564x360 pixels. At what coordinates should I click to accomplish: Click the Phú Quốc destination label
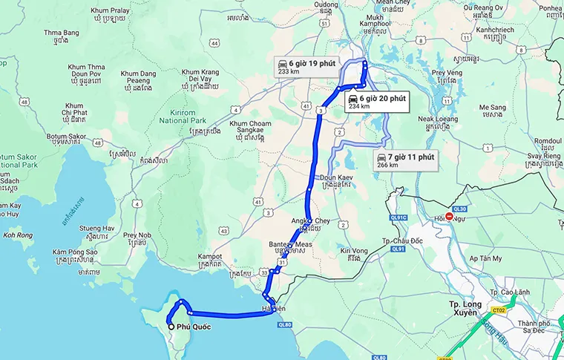click(x=189, y=326)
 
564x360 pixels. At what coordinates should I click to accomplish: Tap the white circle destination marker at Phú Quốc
click(x=171, y=327)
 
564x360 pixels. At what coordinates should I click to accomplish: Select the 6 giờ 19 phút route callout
click(x=301, y=65)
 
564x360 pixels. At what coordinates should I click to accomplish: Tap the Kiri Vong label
click(x=354, y=251)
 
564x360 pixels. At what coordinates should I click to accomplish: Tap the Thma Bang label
click(x=61, y=33)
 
